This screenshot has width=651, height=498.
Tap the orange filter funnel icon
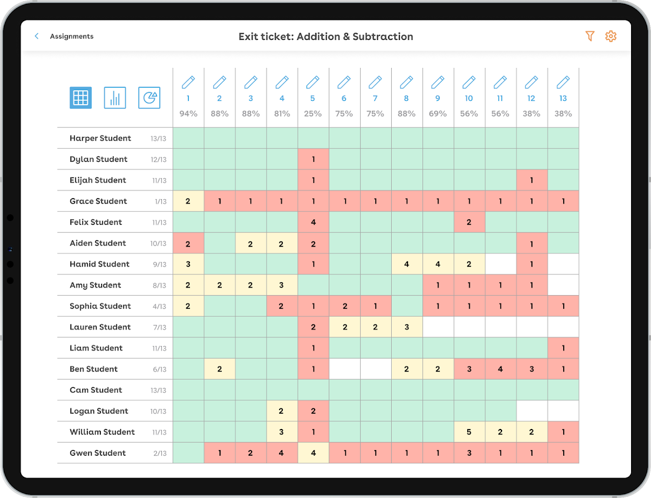click(590, 37)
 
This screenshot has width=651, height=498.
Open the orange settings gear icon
click(611, 37)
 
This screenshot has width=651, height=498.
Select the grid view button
click(81, 98)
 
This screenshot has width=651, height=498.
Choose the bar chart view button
click(115, 98)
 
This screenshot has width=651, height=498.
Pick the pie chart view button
click(150, 98)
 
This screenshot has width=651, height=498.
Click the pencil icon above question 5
click(313, 82)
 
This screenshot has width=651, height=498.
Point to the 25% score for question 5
click(313, 114)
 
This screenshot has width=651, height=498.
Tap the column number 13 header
click(563, 98)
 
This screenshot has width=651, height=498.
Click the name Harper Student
click(100, 138)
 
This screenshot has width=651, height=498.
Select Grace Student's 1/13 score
click(161, 202)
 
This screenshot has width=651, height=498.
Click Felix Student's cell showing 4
click(313, 222)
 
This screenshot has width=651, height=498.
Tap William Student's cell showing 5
click(469, 432)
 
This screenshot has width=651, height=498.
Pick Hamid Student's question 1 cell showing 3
click(188, 264)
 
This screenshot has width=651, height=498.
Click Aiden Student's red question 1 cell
click(188, 243)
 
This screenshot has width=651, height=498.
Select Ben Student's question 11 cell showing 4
click(500, 369)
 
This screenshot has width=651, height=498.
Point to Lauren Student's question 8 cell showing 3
click(407, 327)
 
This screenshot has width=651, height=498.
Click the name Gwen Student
click(98, 453)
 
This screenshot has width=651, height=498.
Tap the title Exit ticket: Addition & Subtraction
click(326, 37)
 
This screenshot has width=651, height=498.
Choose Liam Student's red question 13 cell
click(563, 348)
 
